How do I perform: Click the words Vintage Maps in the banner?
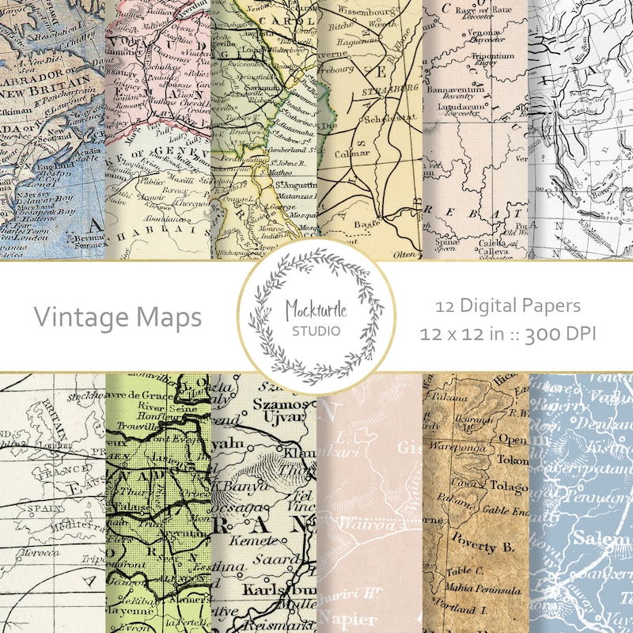(117, 317)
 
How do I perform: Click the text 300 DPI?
(560, 333)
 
